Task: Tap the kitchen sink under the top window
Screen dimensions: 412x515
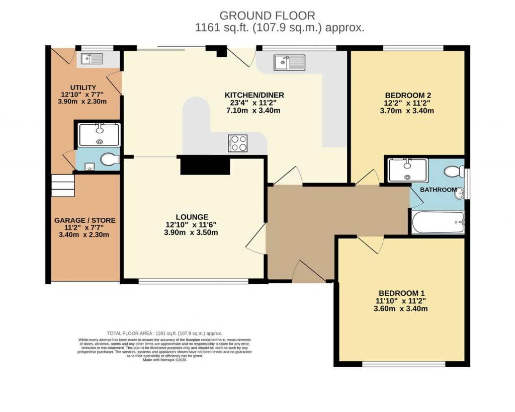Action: tap(289, 62)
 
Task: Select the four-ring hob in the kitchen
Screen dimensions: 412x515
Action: tap(237, 143)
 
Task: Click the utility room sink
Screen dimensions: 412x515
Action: tap(92, 60)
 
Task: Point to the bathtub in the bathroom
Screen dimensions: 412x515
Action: tap(438, 222)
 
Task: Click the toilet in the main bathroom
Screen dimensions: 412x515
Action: tap(455, 172)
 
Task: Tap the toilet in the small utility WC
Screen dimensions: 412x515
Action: tap(109, 160)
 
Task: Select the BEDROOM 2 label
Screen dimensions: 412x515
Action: tap(408, 95)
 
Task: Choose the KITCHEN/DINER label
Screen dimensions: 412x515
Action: tap(254, 95)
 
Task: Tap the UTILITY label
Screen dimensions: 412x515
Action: tap(83, 88)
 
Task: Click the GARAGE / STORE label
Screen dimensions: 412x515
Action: tap(84, 220)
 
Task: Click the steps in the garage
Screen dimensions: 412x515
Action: tap(63, 185)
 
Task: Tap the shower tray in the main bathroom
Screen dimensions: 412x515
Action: tap(407, 170)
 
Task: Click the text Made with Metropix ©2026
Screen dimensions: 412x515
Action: tap(164, 360)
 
